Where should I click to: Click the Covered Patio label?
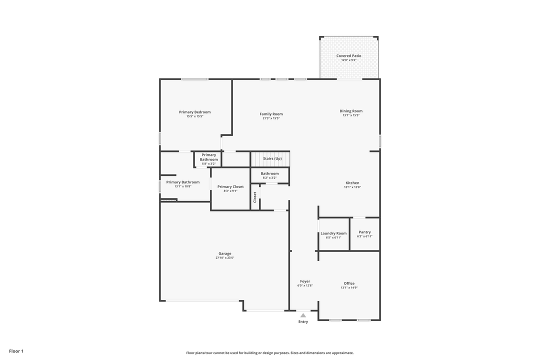click(x=348, y=56)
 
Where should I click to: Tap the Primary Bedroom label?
click(x=194, y=112)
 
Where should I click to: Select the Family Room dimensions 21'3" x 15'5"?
click(x=271, y=118)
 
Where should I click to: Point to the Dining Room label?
click(x=351, y=111)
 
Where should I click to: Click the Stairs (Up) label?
click(x=272, y=158)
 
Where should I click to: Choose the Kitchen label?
click(x=352, y=183)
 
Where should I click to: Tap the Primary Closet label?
click(x=230, y=186)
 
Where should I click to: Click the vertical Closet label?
click(x=255, y=197)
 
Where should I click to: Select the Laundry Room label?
click(x=333, y=233)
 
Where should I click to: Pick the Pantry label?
click(x=365, y=232)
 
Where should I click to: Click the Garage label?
click(x=224, y=253)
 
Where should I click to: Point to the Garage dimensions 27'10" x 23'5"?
click(x=224, y=258)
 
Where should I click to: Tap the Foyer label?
click(x=305, y=281)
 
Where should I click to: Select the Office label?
click(x=349, y=283)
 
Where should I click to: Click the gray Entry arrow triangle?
click(x=303, y=315)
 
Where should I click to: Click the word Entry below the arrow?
click(x=303, y=321)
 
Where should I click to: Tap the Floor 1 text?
click(x=16, y=351)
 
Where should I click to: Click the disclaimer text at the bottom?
click(x=270, y=353)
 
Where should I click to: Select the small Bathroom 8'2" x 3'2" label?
click(x=269, y=173)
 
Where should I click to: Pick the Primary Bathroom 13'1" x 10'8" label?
click(x=182, y=182)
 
